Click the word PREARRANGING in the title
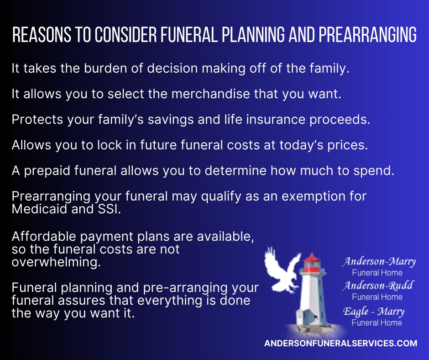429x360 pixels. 368,35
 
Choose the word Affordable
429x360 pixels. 44,236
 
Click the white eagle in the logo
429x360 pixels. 281,270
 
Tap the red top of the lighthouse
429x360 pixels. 312,261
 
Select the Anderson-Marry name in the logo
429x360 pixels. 379,261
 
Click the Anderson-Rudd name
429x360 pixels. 377,286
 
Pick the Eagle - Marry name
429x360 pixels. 374,311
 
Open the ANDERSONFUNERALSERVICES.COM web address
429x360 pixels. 340,343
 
